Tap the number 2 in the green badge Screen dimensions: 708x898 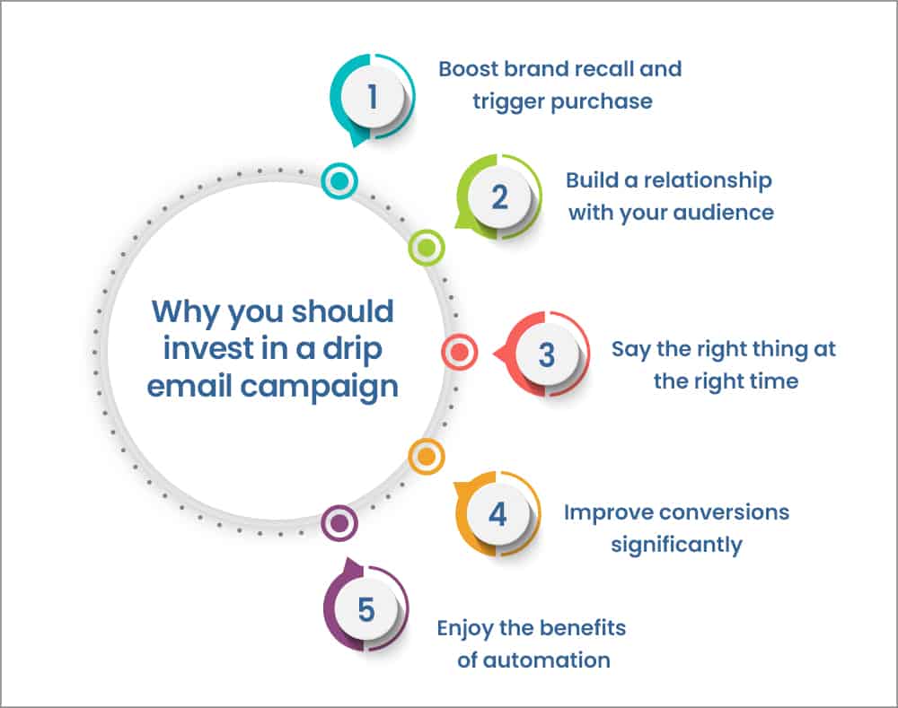click(x=499, y=197)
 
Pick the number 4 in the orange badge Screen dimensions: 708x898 click(x=497, y=514)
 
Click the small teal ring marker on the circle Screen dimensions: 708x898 click(x=339, y=180)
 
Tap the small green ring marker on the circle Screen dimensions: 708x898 click(x=427, y=246)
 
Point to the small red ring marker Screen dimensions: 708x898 click(x=459, y=353)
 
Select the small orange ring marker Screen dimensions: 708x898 click(x=427, y=458)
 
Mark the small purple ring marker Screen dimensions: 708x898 click(x=339, y=522)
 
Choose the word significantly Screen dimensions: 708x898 click(x=676, y=545)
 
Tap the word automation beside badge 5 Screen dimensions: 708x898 click(x=546, y=660)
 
